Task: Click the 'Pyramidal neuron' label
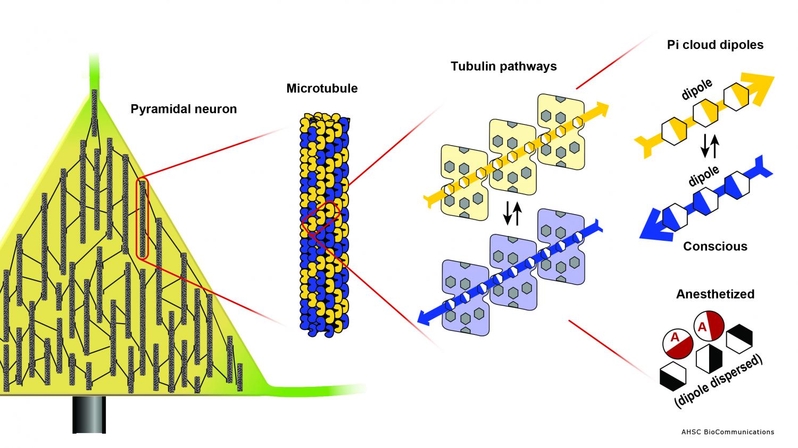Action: [x=184, y=109]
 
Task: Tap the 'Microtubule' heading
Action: [x=322, y=88]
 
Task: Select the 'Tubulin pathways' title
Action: [x=503, y=66]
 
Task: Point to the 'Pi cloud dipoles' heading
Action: [x=715, y=45]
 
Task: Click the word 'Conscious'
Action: [x=715, y=247]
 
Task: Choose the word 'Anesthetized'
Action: [x=715, y=294]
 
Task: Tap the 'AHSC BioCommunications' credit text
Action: [x=728, y=432]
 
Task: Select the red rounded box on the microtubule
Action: [x=321, y=218]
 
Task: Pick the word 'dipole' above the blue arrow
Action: [x=703, y=176]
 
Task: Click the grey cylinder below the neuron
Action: [x=89, y=415]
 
